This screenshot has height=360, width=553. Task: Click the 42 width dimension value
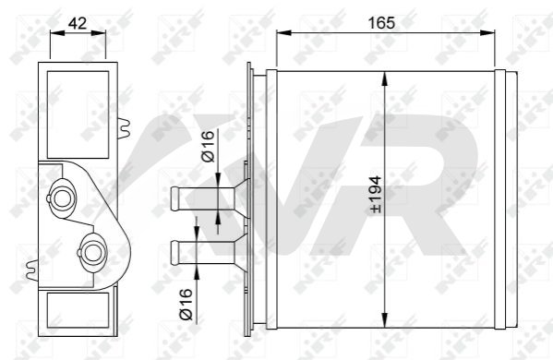[78, 23]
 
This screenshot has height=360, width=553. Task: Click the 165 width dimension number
[381, 23]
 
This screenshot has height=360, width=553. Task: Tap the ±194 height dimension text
[376, 195]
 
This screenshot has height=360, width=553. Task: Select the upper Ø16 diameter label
[208, 147]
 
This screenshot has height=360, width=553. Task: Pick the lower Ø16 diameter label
[186, 305]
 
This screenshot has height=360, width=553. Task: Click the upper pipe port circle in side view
[62, 198]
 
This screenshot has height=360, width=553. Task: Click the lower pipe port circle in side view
[92, 253]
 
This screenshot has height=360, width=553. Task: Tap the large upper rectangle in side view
[78, 114]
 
